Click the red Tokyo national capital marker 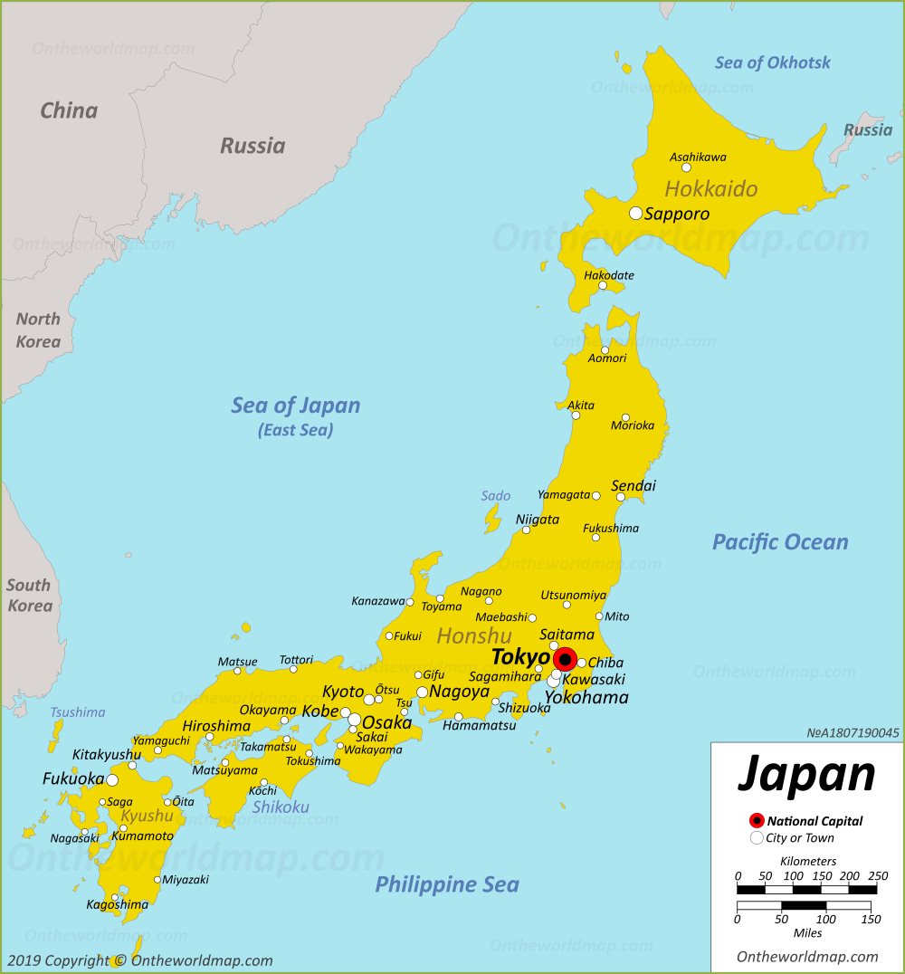tap(565, 659)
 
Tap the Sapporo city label tap(676, 215)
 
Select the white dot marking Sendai tap(621, 497)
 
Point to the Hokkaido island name tap(710, 189)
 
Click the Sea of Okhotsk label tap(772, 62)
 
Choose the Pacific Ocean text tap(780, 542)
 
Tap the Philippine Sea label tap(447, 884)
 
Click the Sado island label tap(495, 496)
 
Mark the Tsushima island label tap(77, 712)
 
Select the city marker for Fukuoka tap(112, 779)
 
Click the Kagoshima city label tap(117, 904)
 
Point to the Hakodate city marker tap(603, 285)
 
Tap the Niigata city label tap(538, 520)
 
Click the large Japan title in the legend tap(806, 775)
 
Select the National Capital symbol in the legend tap(757, 821)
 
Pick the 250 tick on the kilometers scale tap(876, 876)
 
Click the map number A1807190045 tap(853, 733)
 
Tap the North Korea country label tap(38, 330)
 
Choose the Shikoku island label tap(281, 807)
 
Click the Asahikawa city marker tap(686, 167)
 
